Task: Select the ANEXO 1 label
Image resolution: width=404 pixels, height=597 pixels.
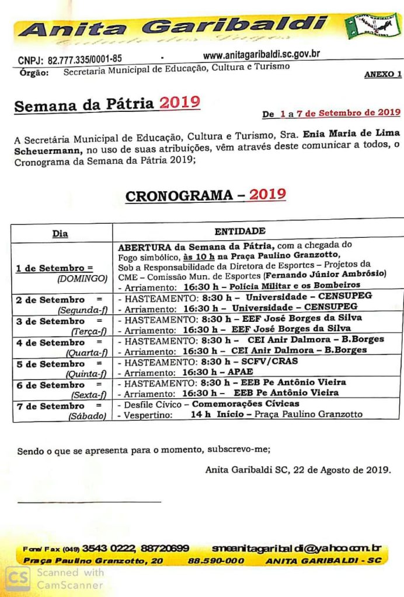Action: point(382,75)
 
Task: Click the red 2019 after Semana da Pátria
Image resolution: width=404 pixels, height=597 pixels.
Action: point(180,103)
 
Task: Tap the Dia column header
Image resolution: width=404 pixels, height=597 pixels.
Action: point(60,233)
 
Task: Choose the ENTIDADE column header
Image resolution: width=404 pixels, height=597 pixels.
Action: point(239,231)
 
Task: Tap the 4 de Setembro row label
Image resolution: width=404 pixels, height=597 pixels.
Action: point(51,342)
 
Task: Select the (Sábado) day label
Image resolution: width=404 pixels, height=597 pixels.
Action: point(88,416)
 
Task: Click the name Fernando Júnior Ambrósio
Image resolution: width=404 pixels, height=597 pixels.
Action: point(326,273)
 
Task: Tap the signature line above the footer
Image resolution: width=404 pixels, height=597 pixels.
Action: point(89,501)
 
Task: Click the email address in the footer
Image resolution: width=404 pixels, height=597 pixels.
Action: point(296,548)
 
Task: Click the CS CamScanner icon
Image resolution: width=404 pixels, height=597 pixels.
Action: point(18,578)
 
